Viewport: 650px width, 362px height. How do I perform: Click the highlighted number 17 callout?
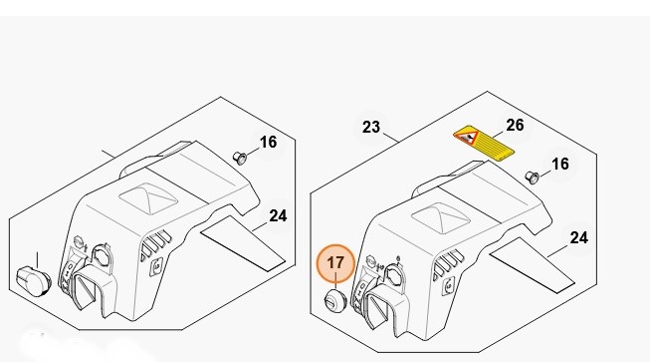point(335,263)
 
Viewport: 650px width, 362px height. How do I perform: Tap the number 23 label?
point(371,127)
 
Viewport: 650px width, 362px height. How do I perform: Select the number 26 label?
point(515,125)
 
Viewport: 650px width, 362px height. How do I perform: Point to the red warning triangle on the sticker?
point(467,137)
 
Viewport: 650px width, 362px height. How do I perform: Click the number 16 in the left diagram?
point(268,143)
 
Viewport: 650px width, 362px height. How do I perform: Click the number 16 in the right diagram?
point(560,164)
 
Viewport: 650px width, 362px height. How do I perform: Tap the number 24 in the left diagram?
point(278,215)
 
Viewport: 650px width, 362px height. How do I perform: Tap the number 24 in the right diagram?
point(578,238)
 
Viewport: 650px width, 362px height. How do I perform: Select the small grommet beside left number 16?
point(240,158)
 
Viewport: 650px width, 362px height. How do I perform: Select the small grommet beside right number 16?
point(532,177)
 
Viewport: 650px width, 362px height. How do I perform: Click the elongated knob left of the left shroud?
point(33,281)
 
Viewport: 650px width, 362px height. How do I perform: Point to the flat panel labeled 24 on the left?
point(243,243)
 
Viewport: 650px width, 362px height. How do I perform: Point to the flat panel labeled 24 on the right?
point(532,265)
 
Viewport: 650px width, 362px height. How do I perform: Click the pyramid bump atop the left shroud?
point(148,198)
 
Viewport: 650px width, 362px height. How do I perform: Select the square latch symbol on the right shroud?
point(448,285)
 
